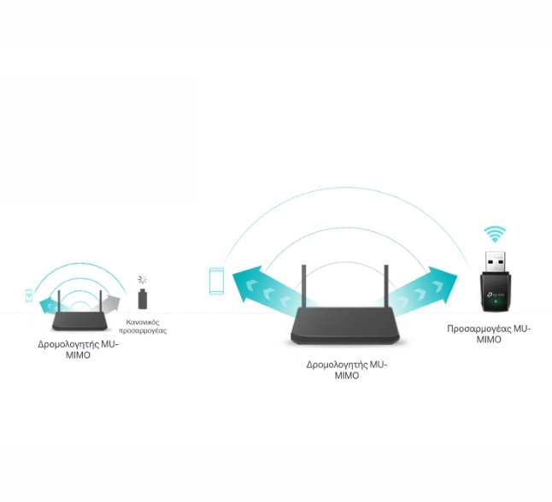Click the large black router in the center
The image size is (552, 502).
tap(345, 324)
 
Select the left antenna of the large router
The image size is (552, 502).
tap(304, 286)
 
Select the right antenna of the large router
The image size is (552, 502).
tap(386, 286)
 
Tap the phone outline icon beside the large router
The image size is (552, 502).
tap(216, 281)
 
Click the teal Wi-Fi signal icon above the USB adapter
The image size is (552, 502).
tap(495, 234)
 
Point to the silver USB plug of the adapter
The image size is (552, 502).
tap(496, 261)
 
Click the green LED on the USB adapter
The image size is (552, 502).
tap(496, 302)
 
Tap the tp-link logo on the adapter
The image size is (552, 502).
tap(496, 295)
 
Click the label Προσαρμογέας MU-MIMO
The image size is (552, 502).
tap(489, 334)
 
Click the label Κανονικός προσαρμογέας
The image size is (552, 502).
tap(143, 326)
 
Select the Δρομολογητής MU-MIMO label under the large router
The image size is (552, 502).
tap(347, 370)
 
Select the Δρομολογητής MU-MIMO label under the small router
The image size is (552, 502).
tap(78, 349)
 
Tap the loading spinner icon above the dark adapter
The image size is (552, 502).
tap(142, 280)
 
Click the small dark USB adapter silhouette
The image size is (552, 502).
tap(143, 299)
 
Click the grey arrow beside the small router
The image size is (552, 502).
tap(107, 304)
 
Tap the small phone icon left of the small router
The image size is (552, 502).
tap(29, 295)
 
